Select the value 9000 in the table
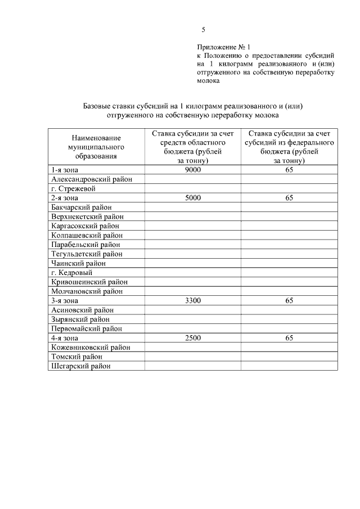(192, 170)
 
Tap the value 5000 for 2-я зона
(192, 198)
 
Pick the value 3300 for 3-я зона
(192, 301)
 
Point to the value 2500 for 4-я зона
(192, 338)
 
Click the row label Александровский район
(92, 179)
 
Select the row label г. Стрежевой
(73, 188)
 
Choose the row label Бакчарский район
(81, 208)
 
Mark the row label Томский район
(77, 357)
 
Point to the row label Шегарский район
(81, 366)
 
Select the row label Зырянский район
(80, 319)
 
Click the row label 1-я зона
(64, 170)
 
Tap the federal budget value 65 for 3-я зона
(289, 301)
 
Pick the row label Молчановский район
(87, 291)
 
